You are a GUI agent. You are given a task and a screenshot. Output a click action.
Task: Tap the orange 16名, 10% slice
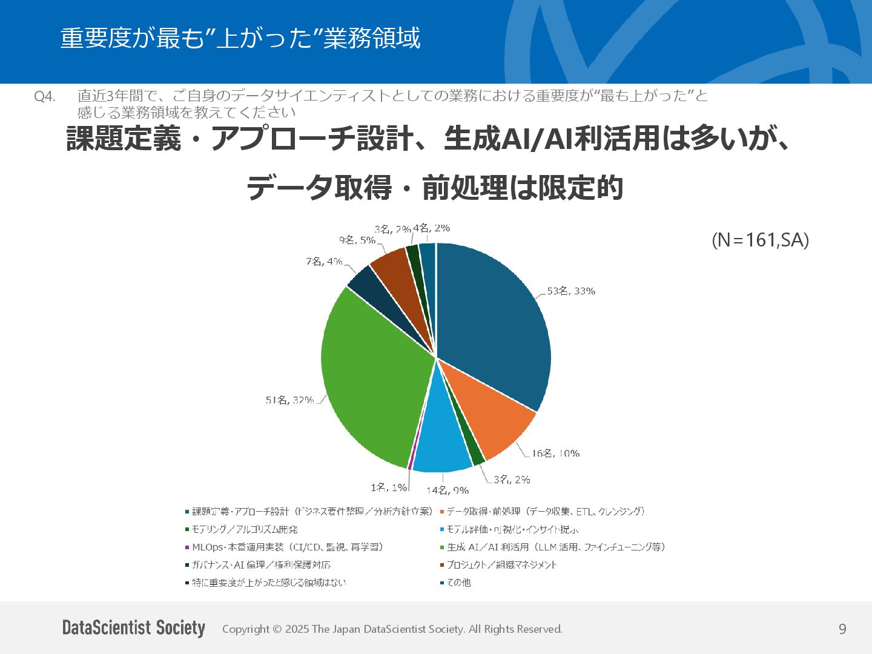(490, 418)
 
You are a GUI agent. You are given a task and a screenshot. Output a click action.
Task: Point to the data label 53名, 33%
(571, 291)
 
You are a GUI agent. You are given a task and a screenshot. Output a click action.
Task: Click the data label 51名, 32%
(289, 400)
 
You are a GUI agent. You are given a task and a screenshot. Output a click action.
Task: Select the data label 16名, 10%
(555, 454)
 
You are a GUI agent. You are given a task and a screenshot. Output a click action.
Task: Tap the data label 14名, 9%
(447, 490)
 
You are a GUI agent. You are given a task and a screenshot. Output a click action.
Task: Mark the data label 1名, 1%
(389, 487)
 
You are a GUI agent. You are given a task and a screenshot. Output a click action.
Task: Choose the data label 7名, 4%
(324, 262)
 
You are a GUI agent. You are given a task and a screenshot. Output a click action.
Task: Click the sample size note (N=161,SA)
(760, 240)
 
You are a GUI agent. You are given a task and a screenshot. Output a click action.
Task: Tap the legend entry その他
(458, 583)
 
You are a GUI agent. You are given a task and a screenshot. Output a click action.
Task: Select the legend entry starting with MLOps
(287, 547)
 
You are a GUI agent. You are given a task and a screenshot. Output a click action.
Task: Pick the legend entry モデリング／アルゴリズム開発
(245, 529)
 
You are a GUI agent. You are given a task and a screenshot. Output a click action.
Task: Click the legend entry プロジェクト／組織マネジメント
(501, 565)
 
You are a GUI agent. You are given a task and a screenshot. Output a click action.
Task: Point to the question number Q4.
(45, 96)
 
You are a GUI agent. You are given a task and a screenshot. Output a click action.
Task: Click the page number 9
(842, 629)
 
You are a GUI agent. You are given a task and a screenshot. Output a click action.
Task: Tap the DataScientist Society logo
(134, 628)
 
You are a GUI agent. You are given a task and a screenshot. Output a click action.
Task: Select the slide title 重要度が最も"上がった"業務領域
(240, 38)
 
